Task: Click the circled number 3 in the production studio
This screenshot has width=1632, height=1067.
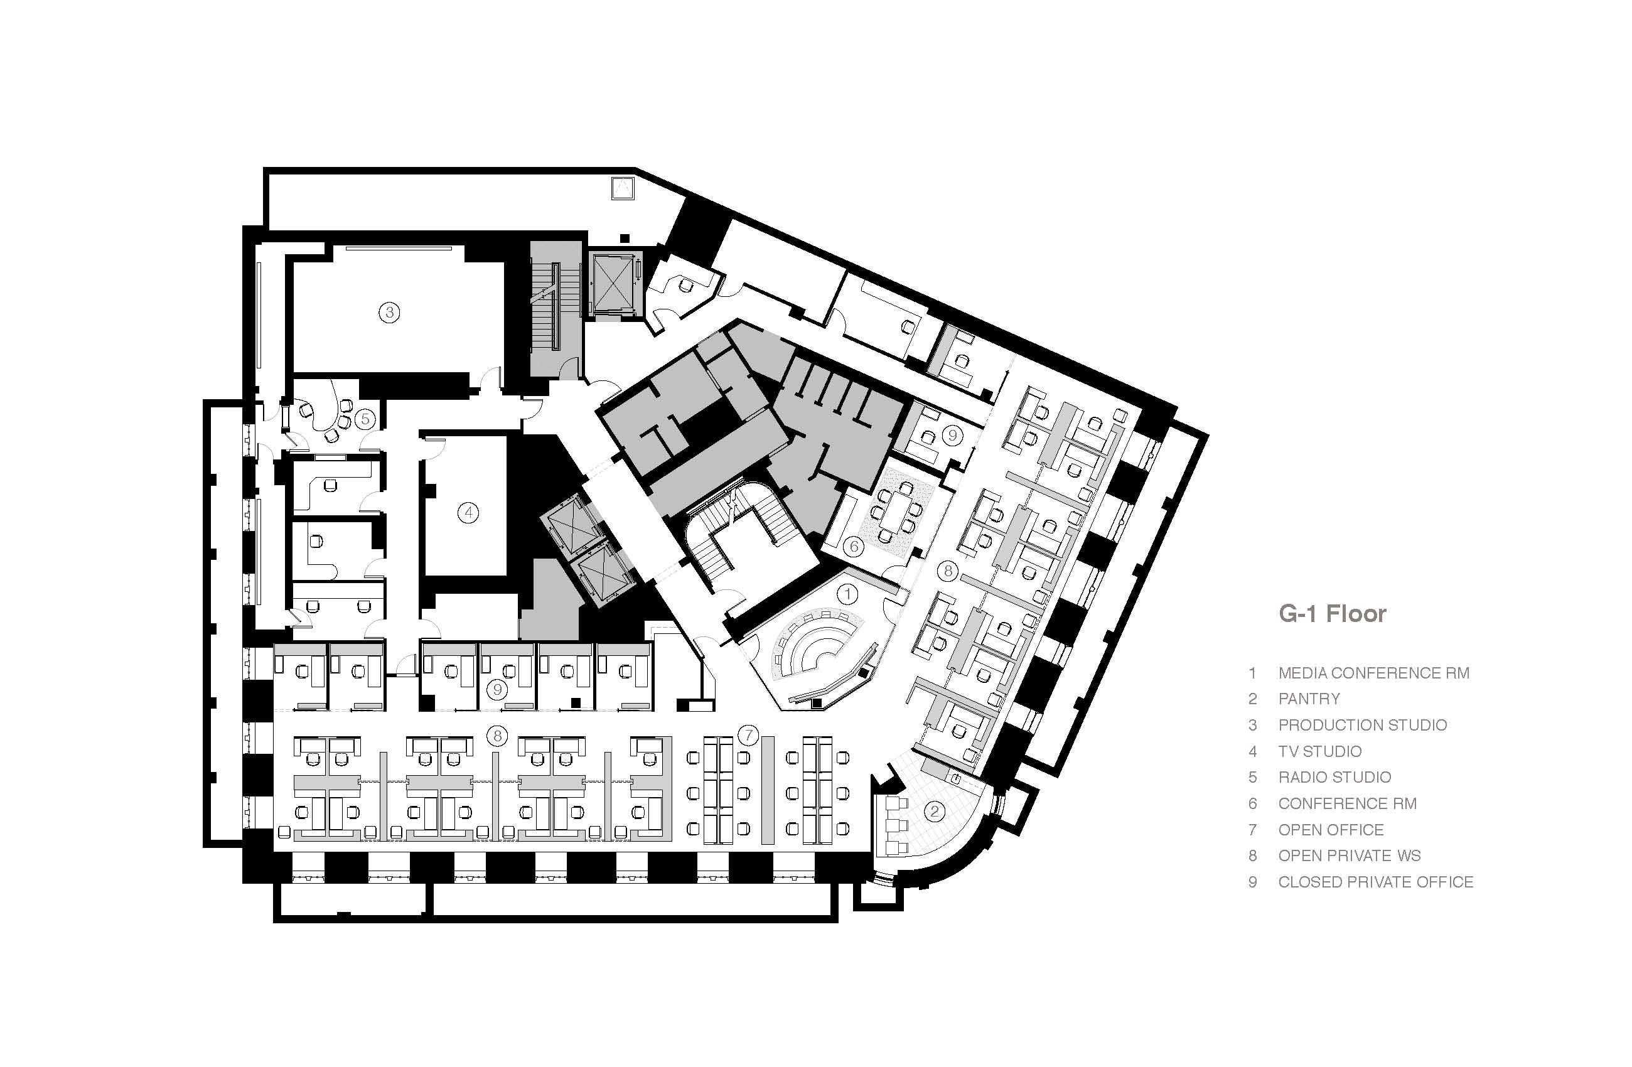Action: (389, 313)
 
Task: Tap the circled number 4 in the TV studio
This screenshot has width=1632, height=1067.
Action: (468, 512)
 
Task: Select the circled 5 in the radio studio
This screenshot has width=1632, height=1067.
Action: (365, 418)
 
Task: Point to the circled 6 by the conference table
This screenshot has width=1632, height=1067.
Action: (854, 546)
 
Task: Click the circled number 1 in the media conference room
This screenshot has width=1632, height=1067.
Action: (848, 594)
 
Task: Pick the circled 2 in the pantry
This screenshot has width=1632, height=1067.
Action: (935, 812)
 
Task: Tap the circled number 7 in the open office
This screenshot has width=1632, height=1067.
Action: (748, 736)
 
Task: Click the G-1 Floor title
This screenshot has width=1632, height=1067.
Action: (1333, 613)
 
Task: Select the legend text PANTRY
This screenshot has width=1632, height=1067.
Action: (1308, 699)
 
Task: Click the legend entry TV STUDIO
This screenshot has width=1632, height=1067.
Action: (1319, 751)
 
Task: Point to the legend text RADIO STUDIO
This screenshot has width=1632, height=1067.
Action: (1334, 777)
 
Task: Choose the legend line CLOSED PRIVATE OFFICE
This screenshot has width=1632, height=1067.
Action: (1375, 882)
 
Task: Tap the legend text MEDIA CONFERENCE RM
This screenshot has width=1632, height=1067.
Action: (1373, 673)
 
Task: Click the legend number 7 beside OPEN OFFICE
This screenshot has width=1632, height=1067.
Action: (1253, 830)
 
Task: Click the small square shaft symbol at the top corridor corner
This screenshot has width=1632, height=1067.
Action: (623, 187)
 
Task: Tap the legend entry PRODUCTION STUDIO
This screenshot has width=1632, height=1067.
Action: (1362, 725)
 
